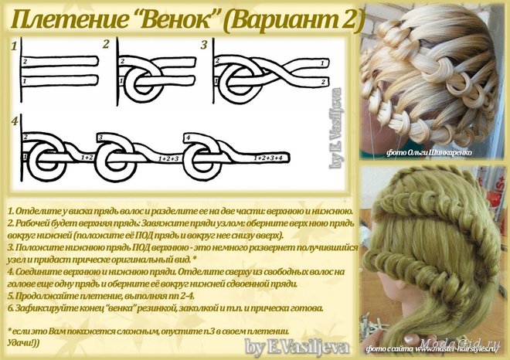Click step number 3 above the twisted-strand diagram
click(x=204, y=45)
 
